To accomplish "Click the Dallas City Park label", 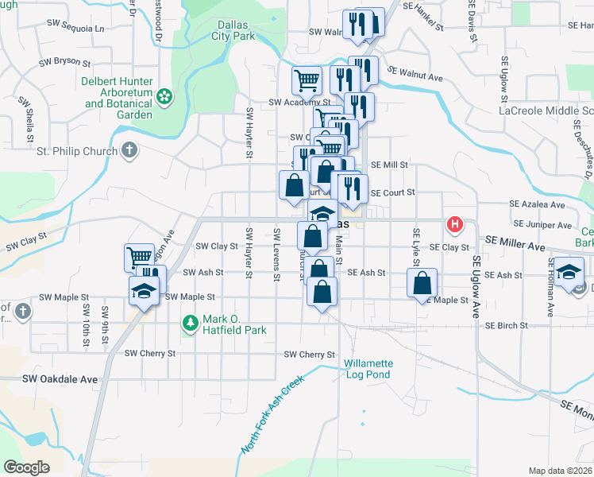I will [x=233, y=30].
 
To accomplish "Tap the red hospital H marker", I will [x=455, y=224].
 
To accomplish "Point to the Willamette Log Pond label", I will [x=368, y=369].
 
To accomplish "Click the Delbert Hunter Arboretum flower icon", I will [x=164, y=97].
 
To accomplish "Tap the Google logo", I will [x=26, y=467].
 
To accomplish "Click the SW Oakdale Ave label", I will [x=60, y=379].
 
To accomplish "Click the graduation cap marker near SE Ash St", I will [x=569, y=271].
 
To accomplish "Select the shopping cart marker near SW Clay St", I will [x=138, y=257].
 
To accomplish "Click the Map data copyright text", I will [x=560, y=471].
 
